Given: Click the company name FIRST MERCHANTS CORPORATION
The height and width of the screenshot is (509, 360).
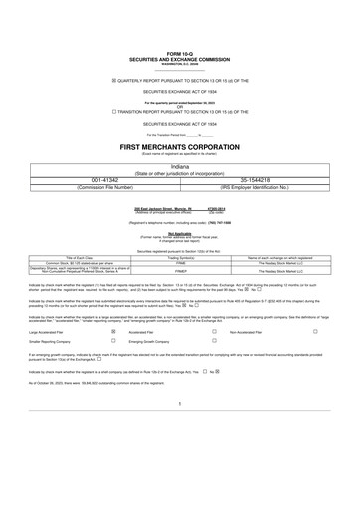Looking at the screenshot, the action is (179, 146).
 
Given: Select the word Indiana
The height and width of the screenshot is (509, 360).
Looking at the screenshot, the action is (179, 167).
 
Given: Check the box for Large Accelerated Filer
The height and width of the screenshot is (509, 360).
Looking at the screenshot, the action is (113, 333).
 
